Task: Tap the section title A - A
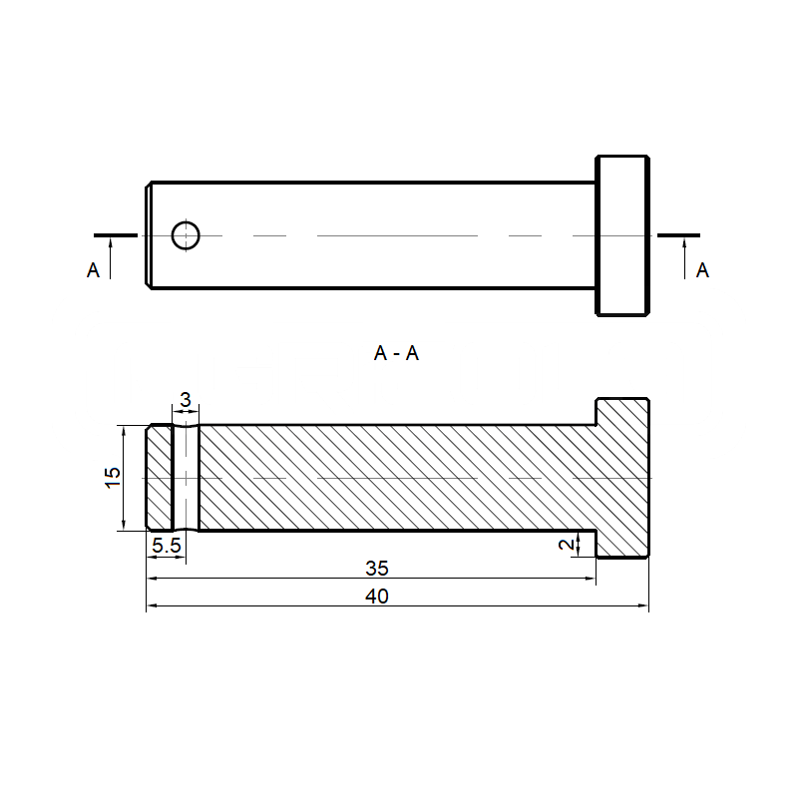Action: click(396, 353)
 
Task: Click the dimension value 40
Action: click(377, 596)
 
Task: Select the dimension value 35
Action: click(377, 568)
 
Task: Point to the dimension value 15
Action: click(113, 477)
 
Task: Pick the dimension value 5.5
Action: click(167, 546)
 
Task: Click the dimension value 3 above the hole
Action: click(186, 400)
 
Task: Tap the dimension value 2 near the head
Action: click(567, 544)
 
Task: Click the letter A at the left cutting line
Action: click(93, 270)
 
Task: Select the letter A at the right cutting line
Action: click(703, 270)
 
